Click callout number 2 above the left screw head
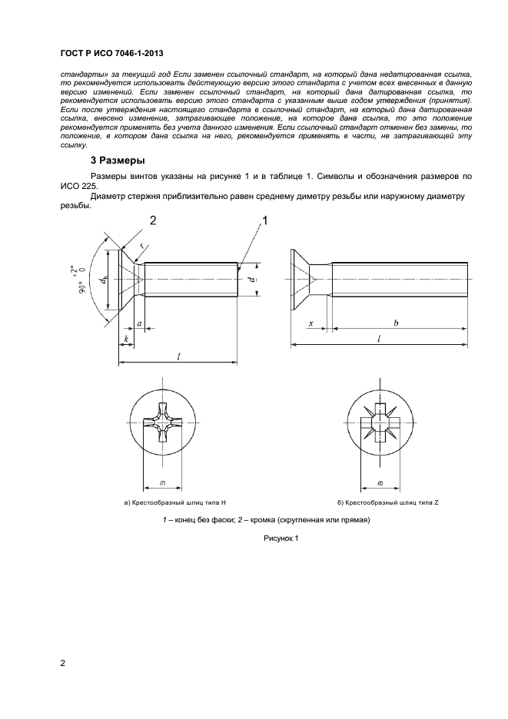[x=152, y=221]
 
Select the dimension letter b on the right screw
[x=396, y=324]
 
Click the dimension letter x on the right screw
[x=310, y=324]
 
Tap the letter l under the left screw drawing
[x=178, y=356]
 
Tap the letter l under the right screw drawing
[x=377, y=338]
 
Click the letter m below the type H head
[x=163, y=482]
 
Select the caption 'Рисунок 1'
[x=281, y=538]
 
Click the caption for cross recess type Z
[x=388, y=503]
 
